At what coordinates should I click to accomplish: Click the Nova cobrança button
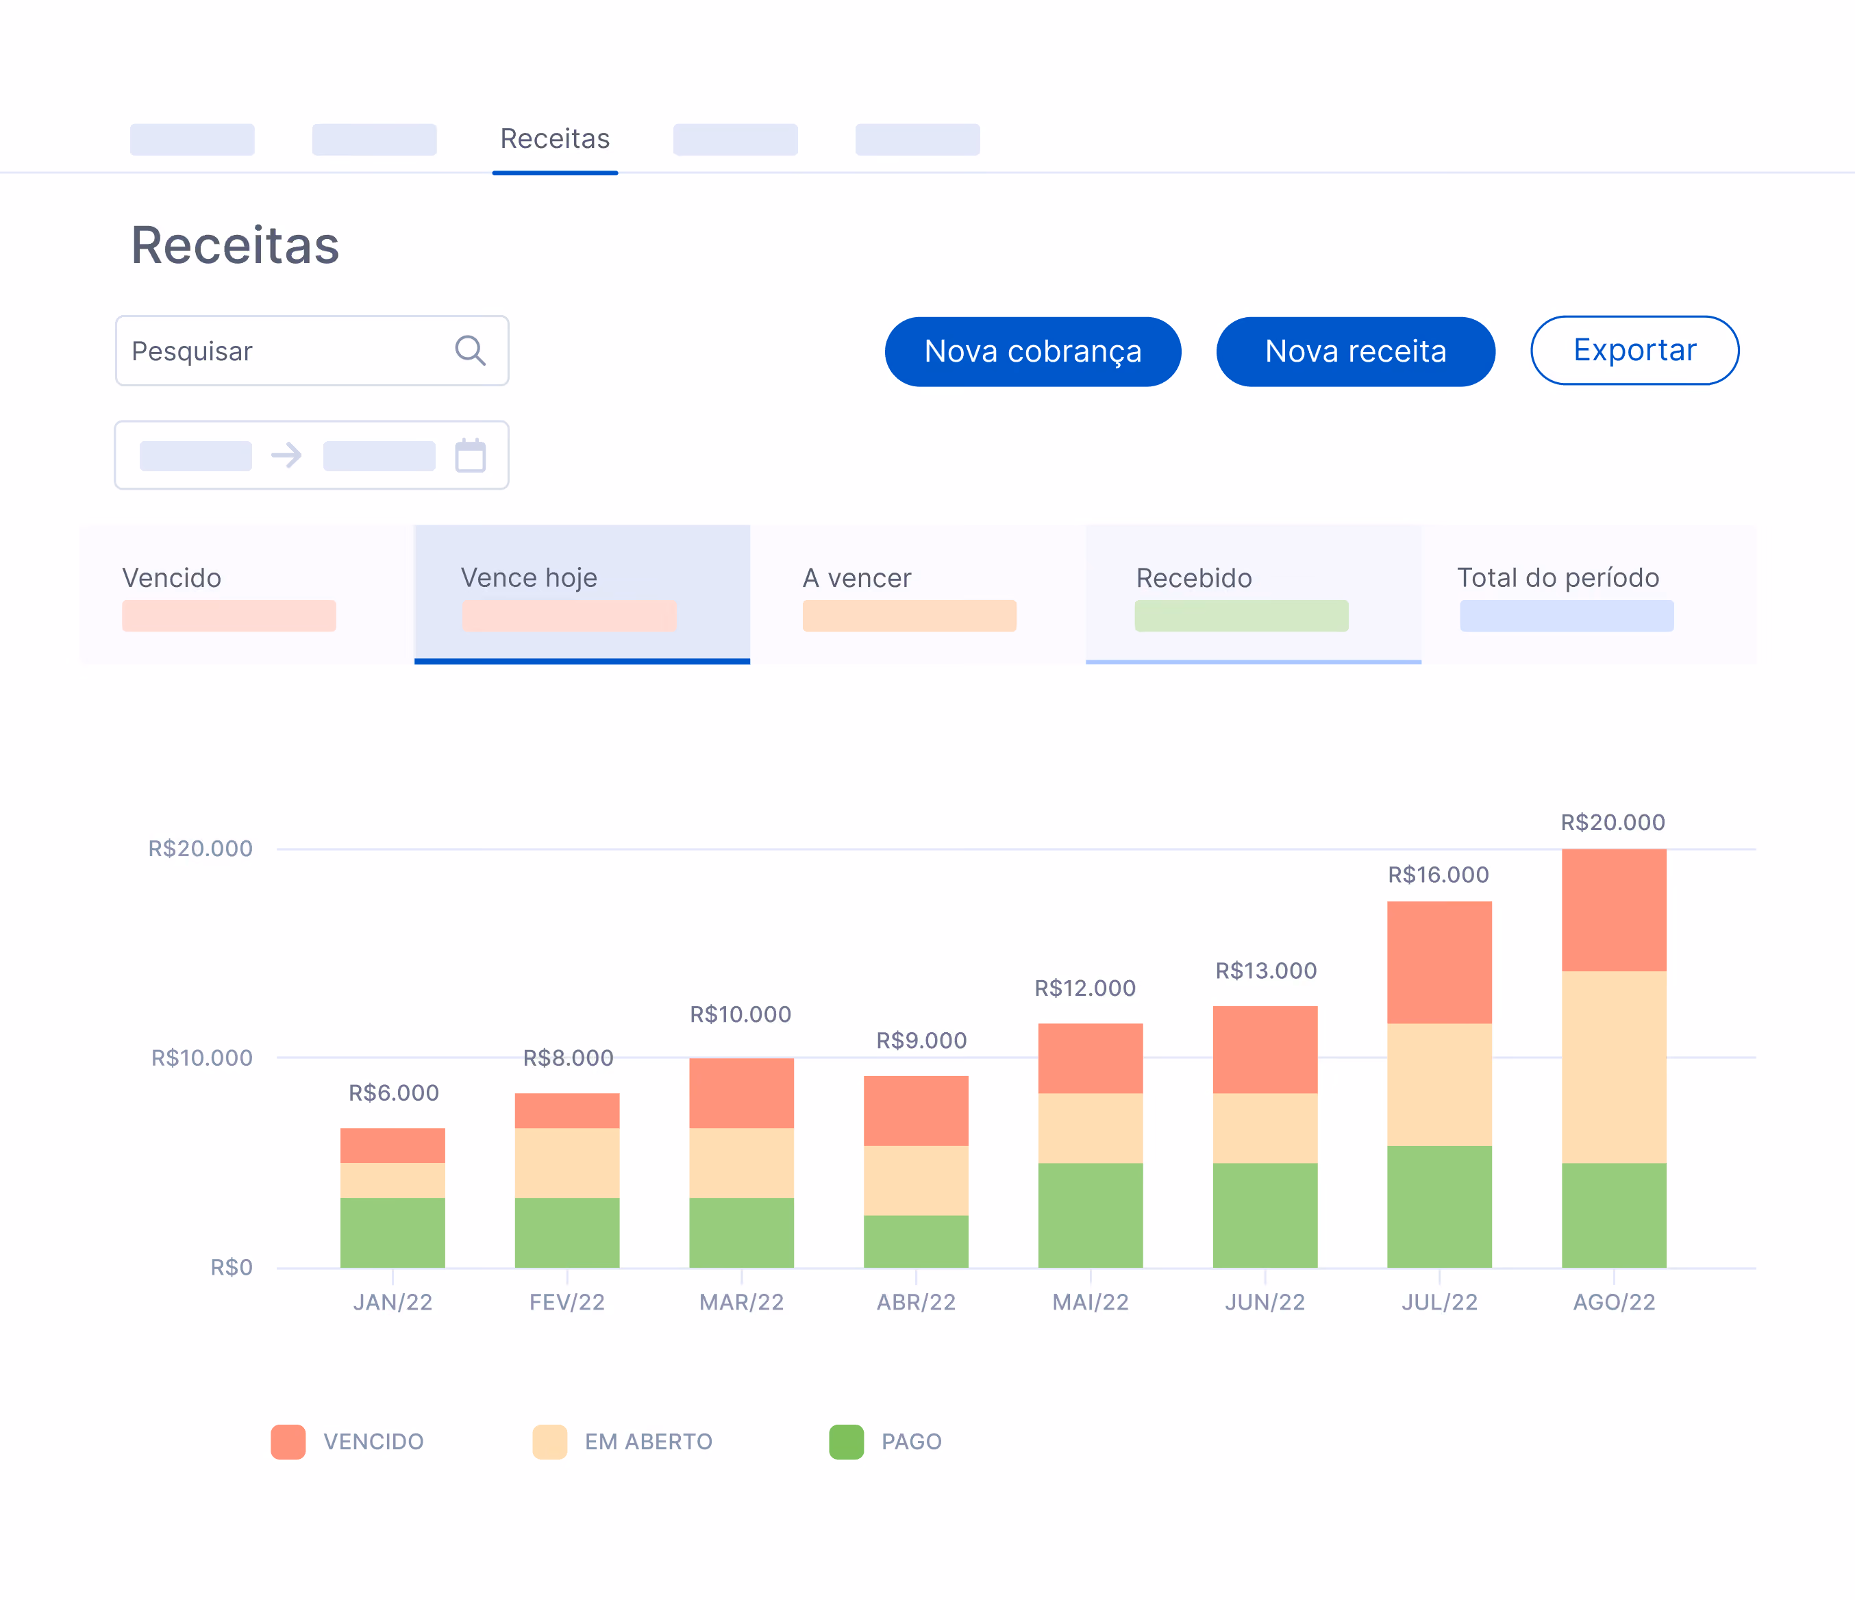[1032, 351]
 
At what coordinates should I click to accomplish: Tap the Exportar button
[1634, 350]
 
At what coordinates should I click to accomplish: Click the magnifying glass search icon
[470, 350]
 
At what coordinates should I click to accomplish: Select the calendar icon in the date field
[470, 455]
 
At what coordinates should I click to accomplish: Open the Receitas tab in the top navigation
[555, 139]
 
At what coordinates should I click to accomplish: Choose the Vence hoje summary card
[582, 594]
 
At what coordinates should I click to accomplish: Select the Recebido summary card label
[1193, 577]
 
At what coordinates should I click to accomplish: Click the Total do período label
[1558, 577]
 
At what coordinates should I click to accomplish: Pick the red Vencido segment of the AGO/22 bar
[1613, 910]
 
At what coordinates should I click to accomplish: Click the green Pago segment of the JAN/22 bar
[392, 1233]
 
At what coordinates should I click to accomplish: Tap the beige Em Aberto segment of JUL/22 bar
[1439, 1084]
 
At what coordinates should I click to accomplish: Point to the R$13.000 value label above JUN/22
[1265, 971]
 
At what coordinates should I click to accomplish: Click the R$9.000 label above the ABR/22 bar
[921, 1040]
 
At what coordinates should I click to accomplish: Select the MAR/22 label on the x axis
[741, 1302]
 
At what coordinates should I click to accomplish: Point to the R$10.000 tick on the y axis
[201, 1058]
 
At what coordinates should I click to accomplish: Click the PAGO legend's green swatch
[846, 1442]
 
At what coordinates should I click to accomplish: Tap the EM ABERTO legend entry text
[648, 1442]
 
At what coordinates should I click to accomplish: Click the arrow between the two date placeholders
[286, 455]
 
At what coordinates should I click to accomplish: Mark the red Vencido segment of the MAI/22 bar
[1090, 1058]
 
